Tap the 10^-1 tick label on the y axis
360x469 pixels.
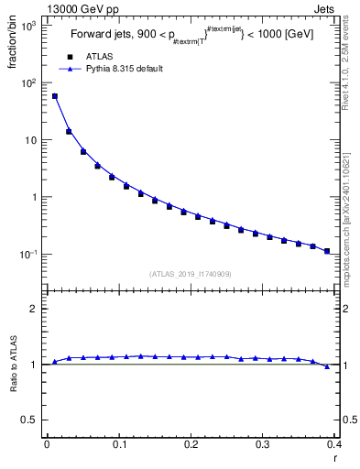[27, 254]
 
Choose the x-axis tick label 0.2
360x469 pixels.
[191, 444]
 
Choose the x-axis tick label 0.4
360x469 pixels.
[334, 444]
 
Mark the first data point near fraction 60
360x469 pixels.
[54, 96]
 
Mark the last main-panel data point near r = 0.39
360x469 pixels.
[327, 250]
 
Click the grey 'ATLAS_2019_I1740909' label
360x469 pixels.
[190, 274]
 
